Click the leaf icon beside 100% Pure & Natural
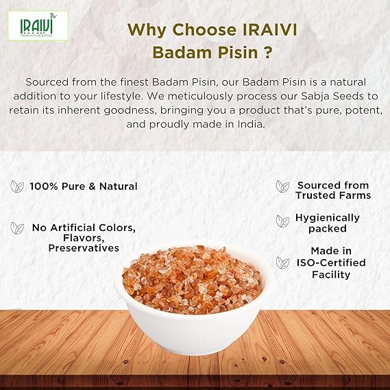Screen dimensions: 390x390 [17, 186]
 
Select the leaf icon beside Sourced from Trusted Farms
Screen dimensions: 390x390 [282, 186]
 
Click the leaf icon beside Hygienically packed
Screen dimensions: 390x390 [282, 221]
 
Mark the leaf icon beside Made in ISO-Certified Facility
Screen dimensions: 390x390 [282, 263]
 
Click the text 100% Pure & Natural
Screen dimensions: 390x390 [84, 186]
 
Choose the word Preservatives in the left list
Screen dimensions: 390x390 [84, 248]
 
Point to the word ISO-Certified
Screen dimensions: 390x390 [331, 263]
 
